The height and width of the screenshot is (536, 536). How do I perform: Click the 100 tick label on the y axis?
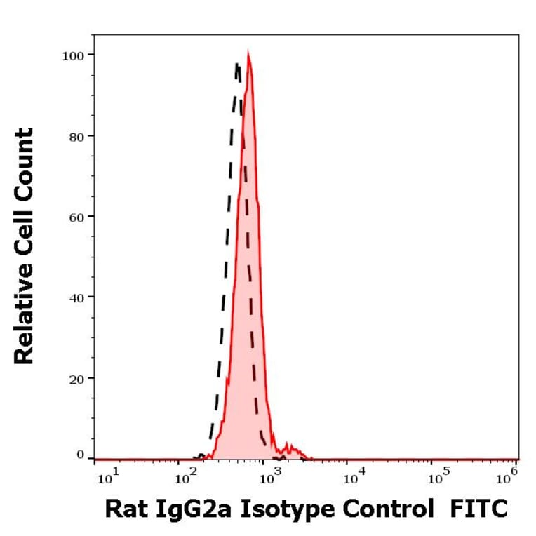click(x=72, y=55)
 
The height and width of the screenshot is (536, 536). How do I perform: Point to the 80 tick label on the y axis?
click(x=76, y=135)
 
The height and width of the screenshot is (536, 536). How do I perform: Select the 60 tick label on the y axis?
click(x=76, y=216)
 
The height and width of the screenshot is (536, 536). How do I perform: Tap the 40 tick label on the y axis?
click(x=76, y=297)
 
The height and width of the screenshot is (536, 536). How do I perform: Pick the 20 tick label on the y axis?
click(x=76, y=378)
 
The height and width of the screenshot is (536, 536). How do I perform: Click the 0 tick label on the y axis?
click(x=79, y=455)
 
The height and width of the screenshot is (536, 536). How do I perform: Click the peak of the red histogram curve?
click(x=248, y=54)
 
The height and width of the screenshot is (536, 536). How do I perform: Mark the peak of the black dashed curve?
click(x=237, y=65)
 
